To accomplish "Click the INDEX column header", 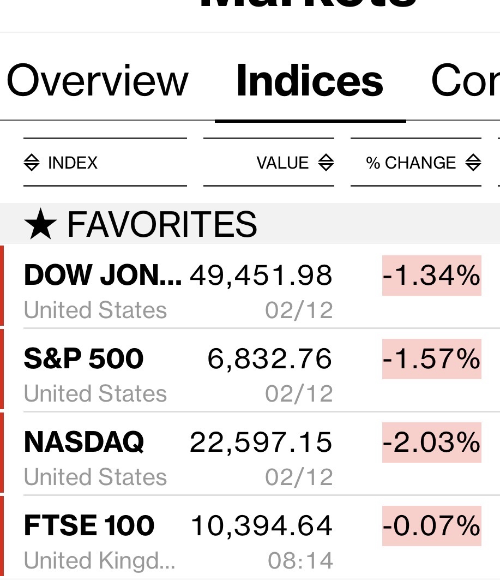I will coord(73,163).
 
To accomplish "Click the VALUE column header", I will coord(282,163).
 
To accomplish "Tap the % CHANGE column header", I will coord(411,163).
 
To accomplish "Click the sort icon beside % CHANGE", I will coord(473,163).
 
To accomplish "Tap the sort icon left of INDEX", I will coord(32,163).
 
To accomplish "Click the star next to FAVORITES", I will coord(40,225).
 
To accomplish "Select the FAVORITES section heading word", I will coord(161,224).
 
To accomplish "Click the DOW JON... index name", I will coord(103,276).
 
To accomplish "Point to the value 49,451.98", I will coord(261,276).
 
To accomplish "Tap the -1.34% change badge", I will coord(431,276).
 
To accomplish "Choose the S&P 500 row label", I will coord(84,358).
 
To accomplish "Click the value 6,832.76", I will coord(269,359).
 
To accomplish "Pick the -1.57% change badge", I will coord(431,359).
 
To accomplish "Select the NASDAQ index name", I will coord(84,442).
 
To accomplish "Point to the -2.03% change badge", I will coord(431,443).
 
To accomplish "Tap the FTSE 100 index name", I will coord(89,525).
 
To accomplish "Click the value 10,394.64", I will coord(261,526).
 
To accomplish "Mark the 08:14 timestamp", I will coord(300,560).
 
